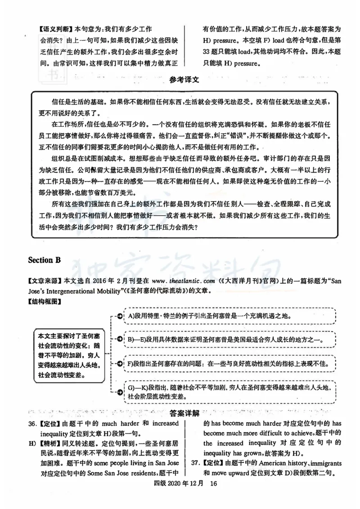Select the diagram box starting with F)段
227,363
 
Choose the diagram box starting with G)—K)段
227,391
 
